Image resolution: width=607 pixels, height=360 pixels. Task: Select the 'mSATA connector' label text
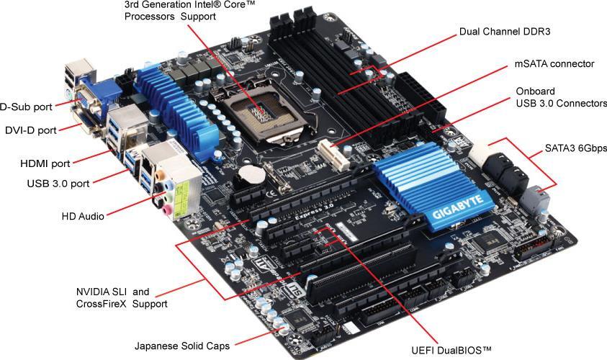(x=554, y=64)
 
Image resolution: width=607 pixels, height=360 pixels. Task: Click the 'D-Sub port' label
(x=26, y=107)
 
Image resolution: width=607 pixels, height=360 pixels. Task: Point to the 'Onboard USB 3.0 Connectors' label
(x=561, y=98)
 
